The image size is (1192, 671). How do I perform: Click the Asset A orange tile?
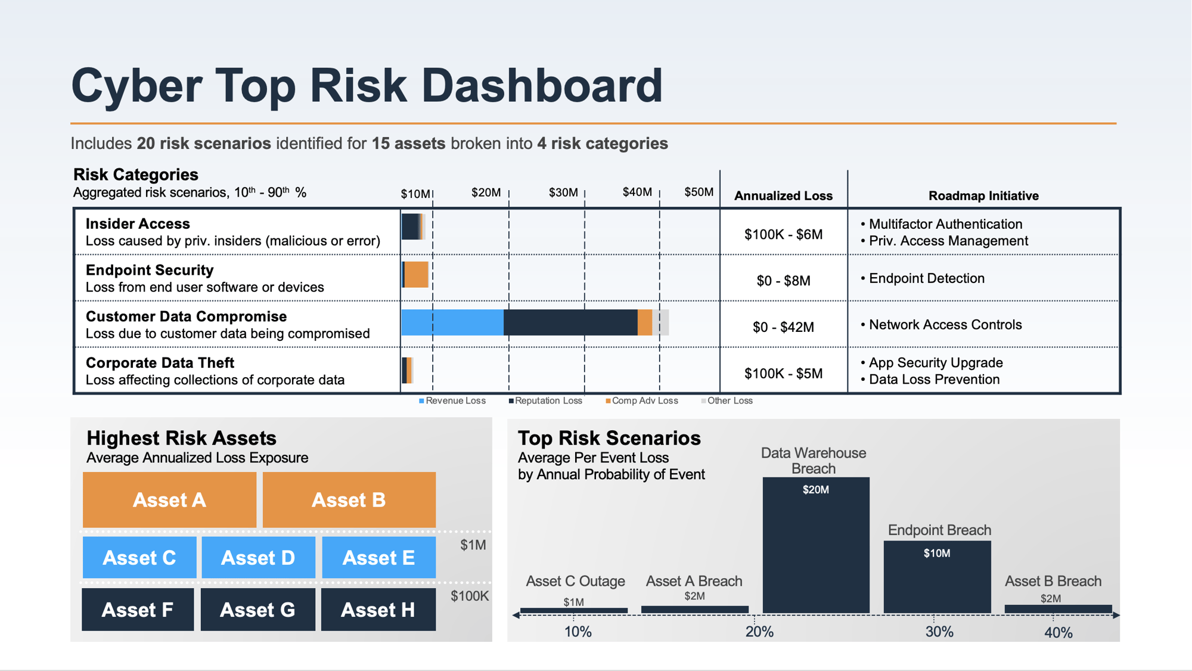[169, 499]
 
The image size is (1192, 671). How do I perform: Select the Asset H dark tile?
[378, 610]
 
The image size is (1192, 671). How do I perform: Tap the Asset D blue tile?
[258, 558]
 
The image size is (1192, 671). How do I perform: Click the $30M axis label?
[563, 192]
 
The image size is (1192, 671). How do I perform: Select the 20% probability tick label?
[759, 632]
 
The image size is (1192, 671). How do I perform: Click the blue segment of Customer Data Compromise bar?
[452, 322]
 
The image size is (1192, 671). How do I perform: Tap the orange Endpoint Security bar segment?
[416, 275]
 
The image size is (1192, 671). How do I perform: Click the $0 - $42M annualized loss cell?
[783, 327]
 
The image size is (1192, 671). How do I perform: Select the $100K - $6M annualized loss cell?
[783, 234]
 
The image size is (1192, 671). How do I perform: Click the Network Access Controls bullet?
[945, 325]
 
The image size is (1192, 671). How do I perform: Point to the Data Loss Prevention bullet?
[933, 380]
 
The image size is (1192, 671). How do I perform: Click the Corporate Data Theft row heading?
[160, 363]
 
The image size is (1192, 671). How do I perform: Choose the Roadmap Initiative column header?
[983, 195]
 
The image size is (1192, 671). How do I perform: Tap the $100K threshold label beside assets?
[470, 596]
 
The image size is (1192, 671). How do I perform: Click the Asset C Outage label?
[575, 581]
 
